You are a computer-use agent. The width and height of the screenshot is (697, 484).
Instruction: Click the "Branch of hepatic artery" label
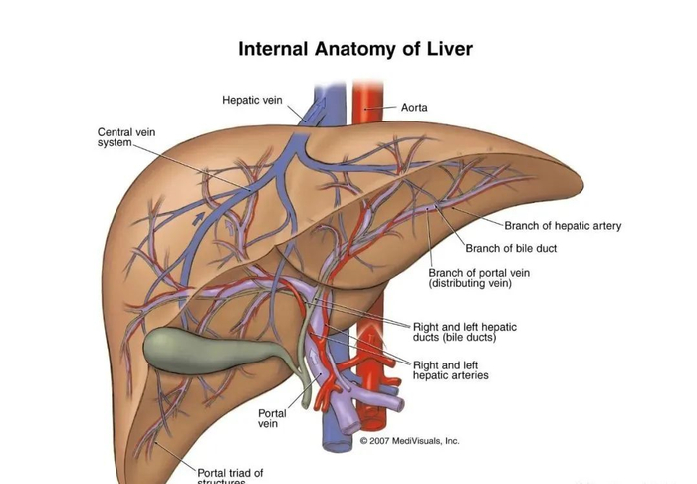pyautogui.click(x=563, y=226)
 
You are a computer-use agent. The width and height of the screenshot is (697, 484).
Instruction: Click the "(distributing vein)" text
pyautogui.click(x=470, y=284)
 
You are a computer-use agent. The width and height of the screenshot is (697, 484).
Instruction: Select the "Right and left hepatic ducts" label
pyautogui.click(x=466, y=327)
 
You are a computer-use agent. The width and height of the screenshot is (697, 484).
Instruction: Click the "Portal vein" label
pyautogui.click(x=272, y=418)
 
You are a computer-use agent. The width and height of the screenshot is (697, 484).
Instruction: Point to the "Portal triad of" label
pyautogui.click(x=230, y=472)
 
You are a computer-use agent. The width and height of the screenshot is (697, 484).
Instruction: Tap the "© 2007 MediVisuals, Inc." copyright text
pyautogui.click(x=409, y=441)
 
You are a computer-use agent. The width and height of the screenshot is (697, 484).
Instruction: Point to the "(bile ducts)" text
pyautogui.click(x=454, y=338)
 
